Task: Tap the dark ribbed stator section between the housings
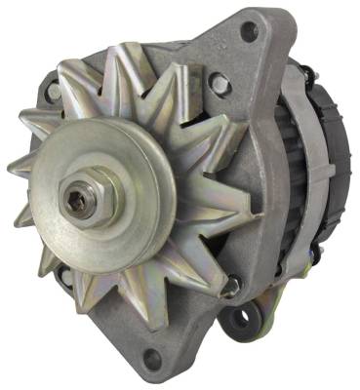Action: [293, 175]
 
